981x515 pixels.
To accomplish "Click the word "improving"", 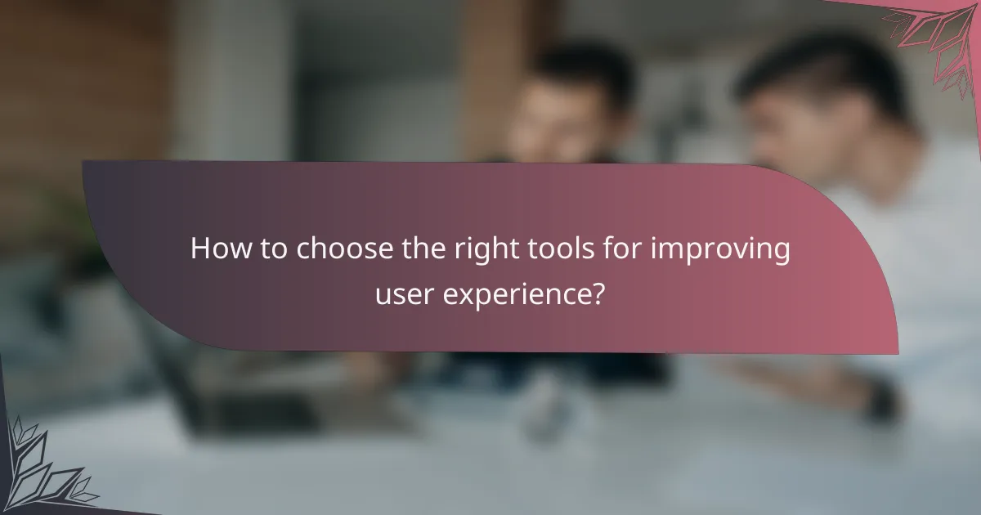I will [x=719, y=249].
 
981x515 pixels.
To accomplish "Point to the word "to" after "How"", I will [x=267, y=249].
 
